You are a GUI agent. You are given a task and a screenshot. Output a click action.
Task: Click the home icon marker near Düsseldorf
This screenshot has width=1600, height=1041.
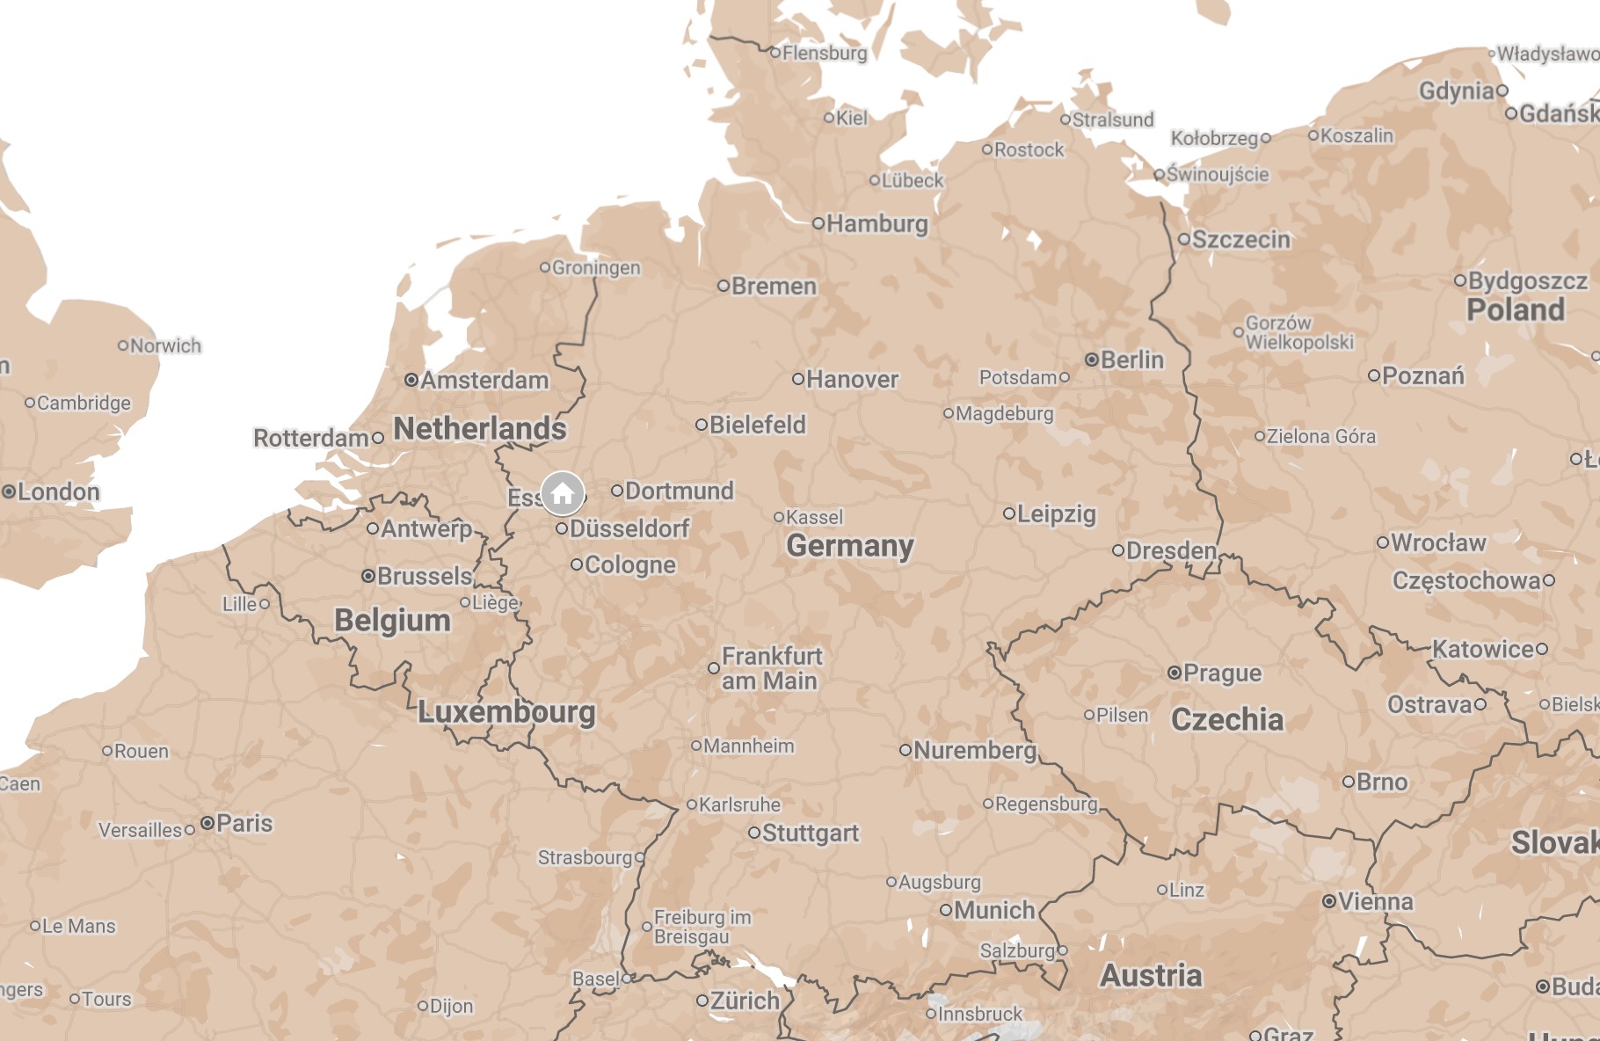pyautogui.click(x=563, y=493)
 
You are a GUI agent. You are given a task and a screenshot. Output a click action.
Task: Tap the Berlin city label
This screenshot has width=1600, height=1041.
pyautogui.click(x=1131, y=360)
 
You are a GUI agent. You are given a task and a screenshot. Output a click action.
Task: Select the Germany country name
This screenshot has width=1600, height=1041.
pyautogui.click(x=849, y=546)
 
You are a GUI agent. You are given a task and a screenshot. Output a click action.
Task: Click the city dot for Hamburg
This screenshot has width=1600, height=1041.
pyautogui.click(x=818, y=223)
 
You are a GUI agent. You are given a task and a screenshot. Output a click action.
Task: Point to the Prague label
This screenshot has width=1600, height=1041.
pyautogui.click(x=1222, y=673)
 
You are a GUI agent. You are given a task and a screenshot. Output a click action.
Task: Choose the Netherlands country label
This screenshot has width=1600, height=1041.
pyautogui.click(x=479, y=428)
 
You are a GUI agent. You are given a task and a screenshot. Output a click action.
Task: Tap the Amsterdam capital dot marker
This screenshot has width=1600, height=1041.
pyautogui.click(x=411, y=380)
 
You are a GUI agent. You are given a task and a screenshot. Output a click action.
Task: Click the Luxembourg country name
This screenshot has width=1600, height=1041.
pyautogui.click(x=506, y=711)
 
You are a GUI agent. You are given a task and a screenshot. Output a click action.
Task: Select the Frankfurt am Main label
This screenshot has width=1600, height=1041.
pyautogui.click(x=771, y=668)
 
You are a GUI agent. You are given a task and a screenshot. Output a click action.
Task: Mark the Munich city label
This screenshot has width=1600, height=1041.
pyautogui.click(x=994, y=910)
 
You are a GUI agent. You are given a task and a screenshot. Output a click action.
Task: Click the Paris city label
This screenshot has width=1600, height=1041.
pyautogui.click(x=244, y=823)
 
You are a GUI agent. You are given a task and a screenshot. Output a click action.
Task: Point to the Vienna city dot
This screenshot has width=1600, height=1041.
pyautogui.click(x=1329, y=901)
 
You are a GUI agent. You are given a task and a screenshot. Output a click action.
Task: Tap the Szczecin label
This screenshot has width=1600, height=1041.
pyautogui.click(x=1240, y=239)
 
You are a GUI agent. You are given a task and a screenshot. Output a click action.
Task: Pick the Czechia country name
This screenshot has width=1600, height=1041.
pyautogui.click(x=1227, y=719)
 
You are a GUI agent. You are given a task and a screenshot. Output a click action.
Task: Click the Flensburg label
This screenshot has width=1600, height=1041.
pyautogui.click(x=825, y=53)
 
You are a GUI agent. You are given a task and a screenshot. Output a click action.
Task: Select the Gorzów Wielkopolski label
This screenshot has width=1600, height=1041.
pyautogui.click(x=1298, y=332)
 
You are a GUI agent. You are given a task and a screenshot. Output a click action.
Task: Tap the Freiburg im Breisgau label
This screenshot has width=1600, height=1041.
pyautogui.click(x=702, y=927)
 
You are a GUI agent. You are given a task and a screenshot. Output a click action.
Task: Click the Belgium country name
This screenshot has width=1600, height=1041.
pyautogui.click(x=392, y=620)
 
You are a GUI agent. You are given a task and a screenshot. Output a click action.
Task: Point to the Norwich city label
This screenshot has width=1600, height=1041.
pyautogui.click(x=165, y=346)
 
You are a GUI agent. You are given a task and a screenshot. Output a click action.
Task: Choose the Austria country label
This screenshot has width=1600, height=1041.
pyautogui.click(x=1151, y=975)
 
